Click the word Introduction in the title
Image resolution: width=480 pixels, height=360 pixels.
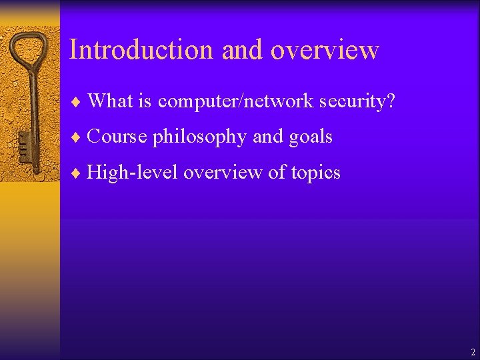pos(141,50)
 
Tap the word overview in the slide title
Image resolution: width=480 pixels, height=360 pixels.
pos(325,50)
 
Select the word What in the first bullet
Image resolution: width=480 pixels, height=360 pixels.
pos(110,101)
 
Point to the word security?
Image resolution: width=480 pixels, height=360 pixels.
pos(357,101)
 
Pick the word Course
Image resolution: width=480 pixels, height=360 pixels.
pos(116,137)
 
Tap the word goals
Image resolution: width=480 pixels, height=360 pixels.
pos(311,137)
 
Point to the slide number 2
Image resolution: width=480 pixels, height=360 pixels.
pos(473,352)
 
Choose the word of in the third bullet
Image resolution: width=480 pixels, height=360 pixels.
pos(275,173)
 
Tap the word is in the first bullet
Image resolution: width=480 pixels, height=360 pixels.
pos(145,101)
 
